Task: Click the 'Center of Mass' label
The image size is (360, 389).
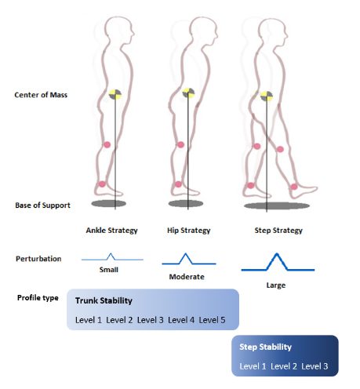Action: (41, 95)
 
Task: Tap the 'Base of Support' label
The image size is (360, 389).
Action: (42, 205)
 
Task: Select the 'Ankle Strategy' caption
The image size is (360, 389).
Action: (111, 231)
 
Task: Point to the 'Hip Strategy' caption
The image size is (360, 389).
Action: (189, 231)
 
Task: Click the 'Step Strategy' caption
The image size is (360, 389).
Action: (278, 231)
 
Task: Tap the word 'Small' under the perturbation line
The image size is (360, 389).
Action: (109, 270)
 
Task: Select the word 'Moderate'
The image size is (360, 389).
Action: (187, 277)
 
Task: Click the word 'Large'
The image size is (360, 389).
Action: (276, 285)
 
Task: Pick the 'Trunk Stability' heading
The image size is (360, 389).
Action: (104, 300)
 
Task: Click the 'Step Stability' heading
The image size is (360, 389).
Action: (265, 347)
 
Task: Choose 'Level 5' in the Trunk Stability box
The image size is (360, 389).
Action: (212, 320)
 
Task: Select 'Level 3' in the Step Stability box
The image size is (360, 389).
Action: (315, 366)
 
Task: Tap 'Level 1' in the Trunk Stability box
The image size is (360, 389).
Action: (89, 320)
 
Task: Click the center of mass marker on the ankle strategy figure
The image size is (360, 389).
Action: (115, 94)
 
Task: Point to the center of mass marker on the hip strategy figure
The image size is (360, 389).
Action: (188, 93)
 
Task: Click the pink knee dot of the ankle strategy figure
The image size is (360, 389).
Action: (107, 144)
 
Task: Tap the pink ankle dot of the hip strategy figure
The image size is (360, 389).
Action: (178, 184)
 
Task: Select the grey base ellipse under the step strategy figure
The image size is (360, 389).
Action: (277, 205)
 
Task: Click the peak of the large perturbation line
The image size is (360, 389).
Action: (277, 253)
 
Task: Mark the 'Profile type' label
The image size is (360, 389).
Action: (38, 298)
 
